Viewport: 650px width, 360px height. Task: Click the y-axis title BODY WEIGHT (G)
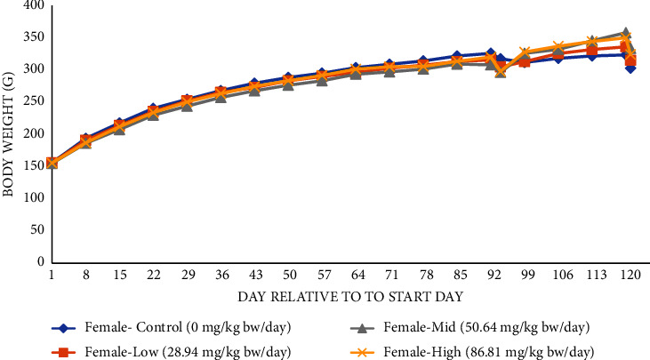[11, 133]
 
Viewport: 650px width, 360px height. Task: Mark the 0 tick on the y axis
[41, 262]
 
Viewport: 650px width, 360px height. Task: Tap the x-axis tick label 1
[52, 276]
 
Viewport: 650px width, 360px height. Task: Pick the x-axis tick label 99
[525, 276]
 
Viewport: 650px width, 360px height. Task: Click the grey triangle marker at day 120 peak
[625, 33]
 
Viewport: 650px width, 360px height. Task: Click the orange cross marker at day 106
[558, 46]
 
